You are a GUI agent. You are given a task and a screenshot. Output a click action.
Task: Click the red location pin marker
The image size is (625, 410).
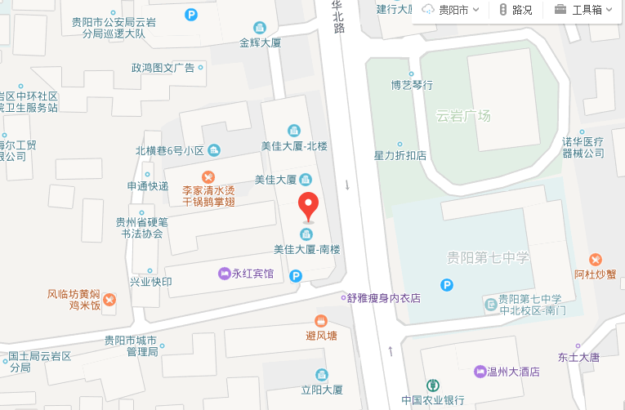coord(307,206)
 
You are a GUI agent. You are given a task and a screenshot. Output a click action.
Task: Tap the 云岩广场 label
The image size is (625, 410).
coord(463,116)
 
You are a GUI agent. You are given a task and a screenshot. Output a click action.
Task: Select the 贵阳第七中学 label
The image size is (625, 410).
coord(488,258)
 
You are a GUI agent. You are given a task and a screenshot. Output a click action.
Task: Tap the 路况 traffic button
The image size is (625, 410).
coord(516,11)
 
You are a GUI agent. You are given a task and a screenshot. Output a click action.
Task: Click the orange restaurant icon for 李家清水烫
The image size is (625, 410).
coord(208,176)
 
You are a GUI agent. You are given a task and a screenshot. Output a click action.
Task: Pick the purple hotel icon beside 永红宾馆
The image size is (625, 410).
coord(223,274)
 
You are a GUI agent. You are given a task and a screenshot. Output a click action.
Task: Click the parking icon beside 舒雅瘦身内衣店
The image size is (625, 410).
coord(296,277)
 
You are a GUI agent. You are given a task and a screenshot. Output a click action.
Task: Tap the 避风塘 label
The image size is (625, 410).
coord(321,335)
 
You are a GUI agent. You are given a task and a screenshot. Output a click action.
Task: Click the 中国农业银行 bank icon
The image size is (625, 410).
coord(432,384)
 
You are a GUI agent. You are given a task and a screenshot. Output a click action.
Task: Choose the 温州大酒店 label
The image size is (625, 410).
coord(514,372)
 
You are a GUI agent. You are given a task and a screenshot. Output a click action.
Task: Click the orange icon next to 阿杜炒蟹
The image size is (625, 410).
coord(595,259)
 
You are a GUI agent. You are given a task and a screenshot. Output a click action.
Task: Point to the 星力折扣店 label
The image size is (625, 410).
coord(400,155)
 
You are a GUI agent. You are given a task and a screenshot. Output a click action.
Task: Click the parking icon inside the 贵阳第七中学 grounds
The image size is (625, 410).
coord(447,285)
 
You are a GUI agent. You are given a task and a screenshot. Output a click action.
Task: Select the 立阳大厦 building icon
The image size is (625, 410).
coord(321,374)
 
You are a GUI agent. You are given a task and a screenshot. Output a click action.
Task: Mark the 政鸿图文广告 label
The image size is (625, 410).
coord(163,68)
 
